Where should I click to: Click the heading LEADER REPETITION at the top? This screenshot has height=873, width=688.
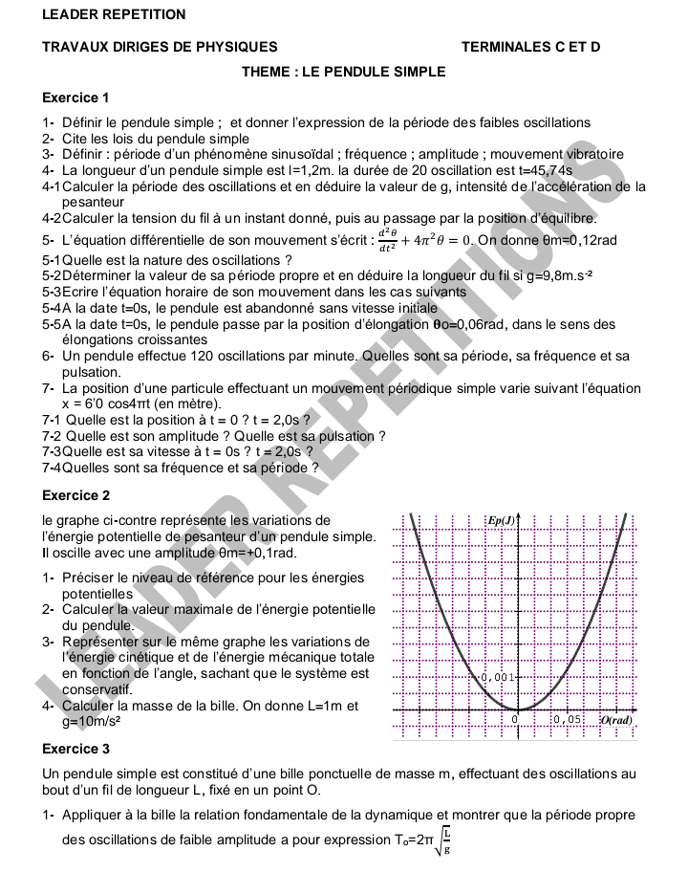[x=100, y=15]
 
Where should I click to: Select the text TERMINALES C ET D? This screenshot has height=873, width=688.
[x=530, y=46]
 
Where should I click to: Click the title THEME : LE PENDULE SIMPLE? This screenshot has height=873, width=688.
[x=343, y=71]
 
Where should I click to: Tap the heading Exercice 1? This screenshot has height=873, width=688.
[x=76, y=98]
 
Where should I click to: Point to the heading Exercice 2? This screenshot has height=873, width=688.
[x=76, y=495]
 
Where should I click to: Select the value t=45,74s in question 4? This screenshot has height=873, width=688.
[x=546, y=169]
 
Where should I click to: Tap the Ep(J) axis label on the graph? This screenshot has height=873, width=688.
[x=502, y=521]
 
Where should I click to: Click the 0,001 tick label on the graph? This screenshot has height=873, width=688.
[x=499, y=676]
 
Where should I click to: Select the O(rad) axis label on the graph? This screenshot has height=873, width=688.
[x=616, y=719]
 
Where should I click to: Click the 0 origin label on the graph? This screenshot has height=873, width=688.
[x=514, y=719]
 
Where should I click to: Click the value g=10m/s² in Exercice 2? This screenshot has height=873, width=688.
[x=96, y=722]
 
